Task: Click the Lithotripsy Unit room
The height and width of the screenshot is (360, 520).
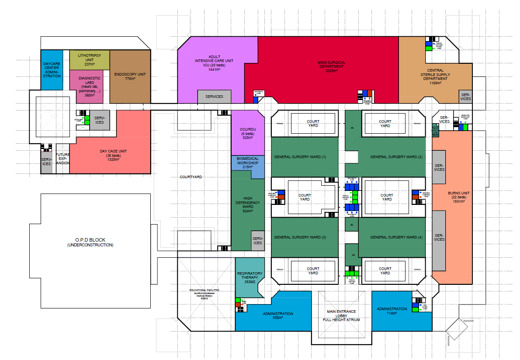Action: (x=89, y=59)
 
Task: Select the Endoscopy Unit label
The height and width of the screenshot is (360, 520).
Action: (x=130, y=75)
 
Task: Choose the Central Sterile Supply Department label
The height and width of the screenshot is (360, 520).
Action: (x=435, y=76)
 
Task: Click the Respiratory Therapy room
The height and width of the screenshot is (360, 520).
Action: (x=250, y=278)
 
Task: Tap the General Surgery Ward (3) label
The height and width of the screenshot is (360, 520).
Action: (x=300, y=237)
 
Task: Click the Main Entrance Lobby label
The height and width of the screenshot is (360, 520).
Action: (x=341, y=315)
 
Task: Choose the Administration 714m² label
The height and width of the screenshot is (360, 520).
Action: (x=392, y=311)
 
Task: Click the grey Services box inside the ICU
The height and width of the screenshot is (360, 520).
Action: (x=214, y=97)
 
